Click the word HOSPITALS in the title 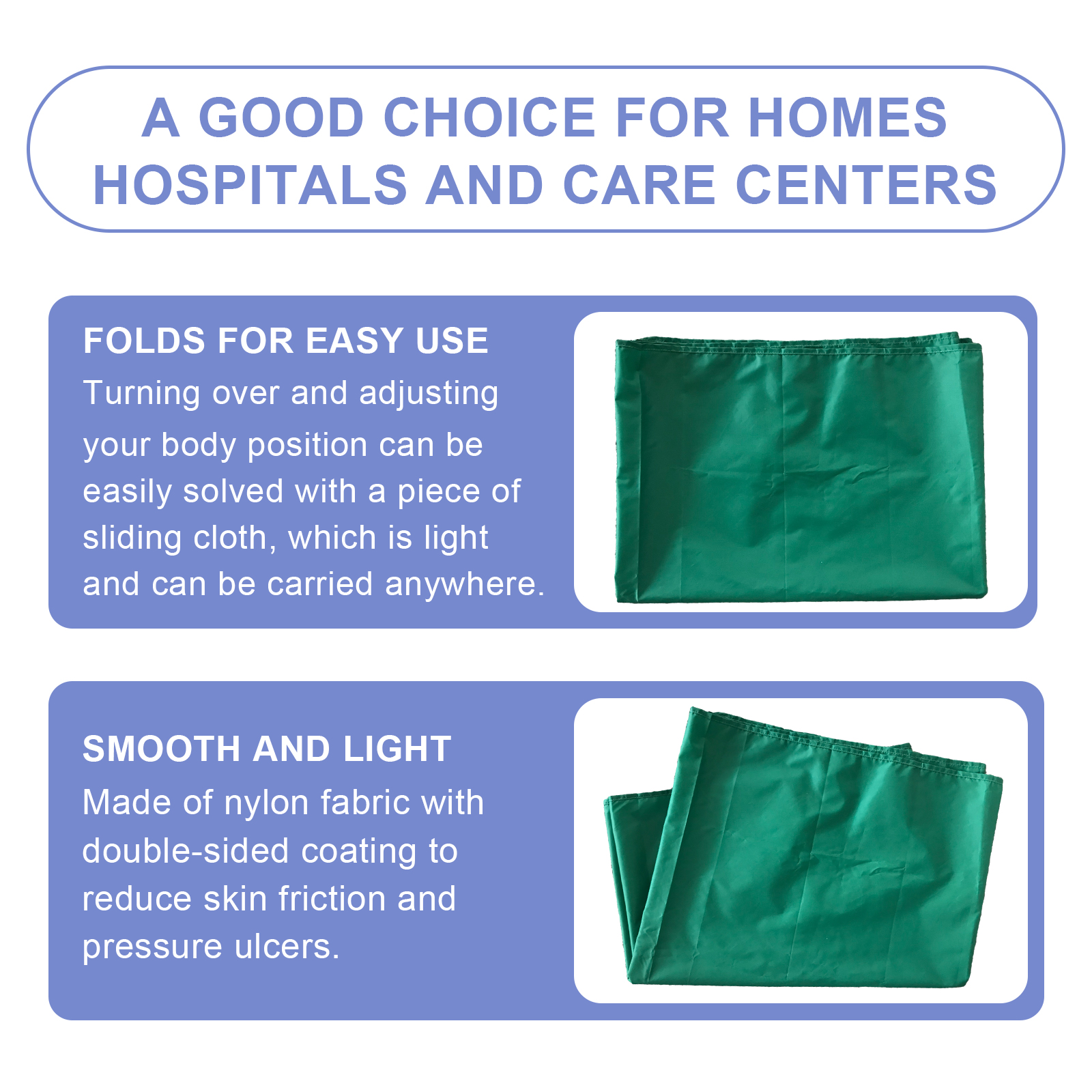point(250,185)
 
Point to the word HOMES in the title point(848,117)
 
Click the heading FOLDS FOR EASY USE point(286,341)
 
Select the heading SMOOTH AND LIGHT point(267,749)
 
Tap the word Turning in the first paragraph point(142,394)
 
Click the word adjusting point(429,394)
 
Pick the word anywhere point(465,584)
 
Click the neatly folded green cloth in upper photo point(800,468)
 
